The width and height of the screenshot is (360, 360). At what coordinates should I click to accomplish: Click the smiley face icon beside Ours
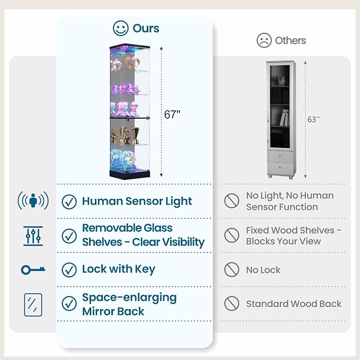[x=120, y=28]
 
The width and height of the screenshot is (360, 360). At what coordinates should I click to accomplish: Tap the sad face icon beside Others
[x=264, y=40]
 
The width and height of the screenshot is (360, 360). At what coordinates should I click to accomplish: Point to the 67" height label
[x=172, y=115]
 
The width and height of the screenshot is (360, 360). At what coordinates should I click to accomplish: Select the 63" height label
[x=313, y=119]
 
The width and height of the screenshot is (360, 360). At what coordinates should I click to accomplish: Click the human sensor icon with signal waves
[x=33, y=200]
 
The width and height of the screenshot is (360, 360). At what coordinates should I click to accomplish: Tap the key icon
[x=33, y=270]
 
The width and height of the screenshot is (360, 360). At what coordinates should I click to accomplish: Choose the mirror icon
[x=33, y=305]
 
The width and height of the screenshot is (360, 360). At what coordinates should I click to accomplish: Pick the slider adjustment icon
[x=33, y=236]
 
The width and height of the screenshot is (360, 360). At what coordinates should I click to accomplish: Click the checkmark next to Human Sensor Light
[x=69, y=202]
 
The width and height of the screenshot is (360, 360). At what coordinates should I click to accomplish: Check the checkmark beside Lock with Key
[x=69, y=270]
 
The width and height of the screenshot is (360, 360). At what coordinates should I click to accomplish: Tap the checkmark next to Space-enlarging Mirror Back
[x=69, y=303]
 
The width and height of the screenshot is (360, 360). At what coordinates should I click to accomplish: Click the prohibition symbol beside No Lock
[x=232, y=269]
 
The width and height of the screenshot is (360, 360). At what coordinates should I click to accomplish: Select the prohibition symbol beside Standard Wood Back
[x=232, y=303]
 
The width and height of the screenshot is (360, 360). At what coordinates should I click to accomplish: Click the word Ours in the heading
[x=146, y=29]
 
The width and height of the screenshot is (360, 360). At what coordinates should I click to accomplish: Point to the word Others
[x=291, y=41]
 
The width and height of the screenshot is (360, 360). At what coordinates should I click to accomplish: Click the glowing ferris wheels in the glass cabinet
[x=123, y=160]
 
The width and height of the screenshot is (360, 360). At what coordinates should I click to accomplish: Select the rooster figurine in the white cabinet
[x=281, y=81]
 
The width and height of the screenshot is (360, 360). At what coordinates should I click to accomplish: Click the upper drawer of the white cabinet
[x=280, y=156]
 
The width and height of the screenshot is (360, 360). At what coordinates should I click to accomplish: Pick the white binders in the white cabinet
[x=284, y=118]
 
